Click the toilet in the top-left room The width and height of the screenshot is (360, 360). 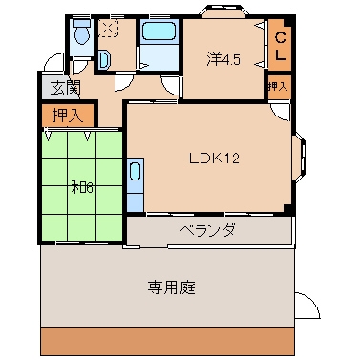pos(81,37)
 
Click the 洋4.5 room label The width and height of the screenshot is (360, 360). pos(222,58)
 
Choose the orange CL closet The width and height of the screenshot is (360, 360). pos(281,46)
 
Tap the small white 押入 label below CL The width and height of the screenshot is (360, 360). pos(278,86)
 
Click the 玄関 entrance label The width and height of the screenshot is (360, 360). pos(65,89)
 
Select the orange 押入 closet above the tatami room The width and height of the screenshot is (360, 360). pos(68,116)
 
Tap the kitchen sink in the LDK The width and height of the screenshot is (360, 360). pos(135,177)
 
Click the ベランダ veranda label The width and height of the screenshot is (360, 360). pos(207,231)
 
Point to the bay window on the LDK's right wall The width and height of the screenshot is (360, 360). pos(300,161)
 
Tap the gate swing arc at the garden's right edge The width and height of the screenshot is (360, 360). pos(306,307)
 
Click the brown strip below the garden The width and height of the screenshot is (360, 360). pos(168,341)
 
